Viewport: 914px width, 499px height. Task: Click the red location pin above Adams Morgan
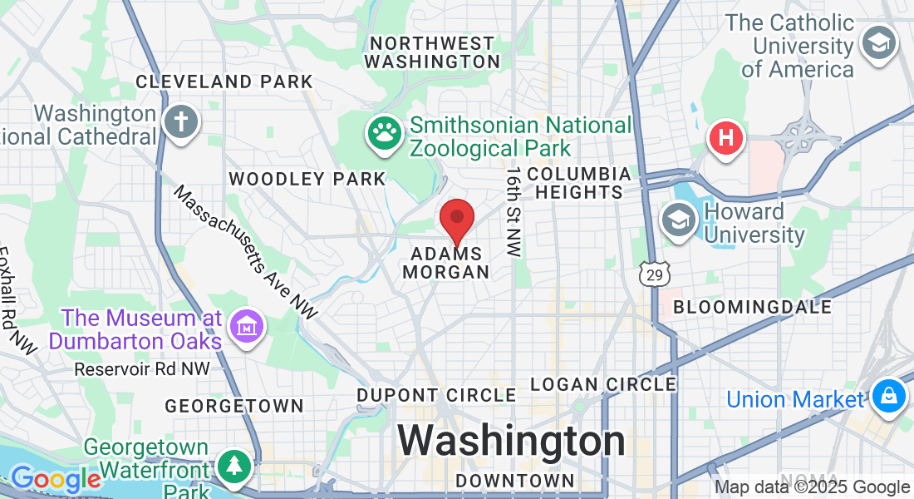point(456,220)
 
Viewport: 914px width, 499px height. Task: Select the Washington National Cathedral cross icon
point(179,122)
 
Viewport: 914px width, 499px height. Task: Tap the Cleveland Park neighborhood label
point(224,82)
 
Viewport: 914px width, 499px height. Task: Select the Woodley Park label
point(307,179)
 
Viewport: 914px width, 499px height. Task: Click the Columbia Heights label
point(579,183)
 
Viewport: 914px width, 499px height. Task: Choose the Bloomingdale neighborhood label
point(753,307)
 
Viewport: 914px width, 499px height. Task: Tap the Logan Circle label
point(603,384)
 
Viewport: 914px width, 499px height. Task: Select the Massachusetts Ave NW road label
point(245,253)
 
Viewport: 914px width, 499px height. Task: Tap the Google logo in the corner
point(56,479)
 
